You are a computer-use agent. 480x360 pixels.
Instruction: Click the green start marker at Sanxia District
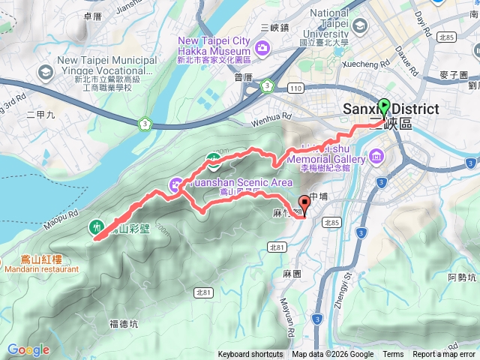[384, 106]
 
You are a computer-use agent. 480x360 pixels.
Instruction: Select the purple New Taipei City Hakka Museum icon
[262, 49]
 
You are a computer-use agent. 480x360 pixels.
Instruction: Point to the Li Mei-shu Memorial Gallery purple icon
[376, 158]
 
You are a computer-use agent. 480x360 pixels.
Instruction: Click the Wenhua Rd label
[271, 117]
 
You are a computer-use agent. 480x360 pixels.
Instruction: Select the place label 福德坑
[124, 324]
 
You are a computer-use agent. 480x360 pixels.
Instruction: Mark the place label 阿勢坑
[462, 278]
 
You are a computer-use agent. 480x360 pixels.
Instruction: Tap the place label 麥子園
[455, 75]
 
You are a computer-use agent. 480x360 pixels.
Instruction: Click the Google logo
[28, 349]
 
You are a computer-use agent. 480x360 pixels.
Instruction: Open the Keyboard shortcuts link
[250, 355]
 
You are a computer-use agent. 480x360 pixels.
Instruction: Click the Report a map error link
[444, 355]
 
